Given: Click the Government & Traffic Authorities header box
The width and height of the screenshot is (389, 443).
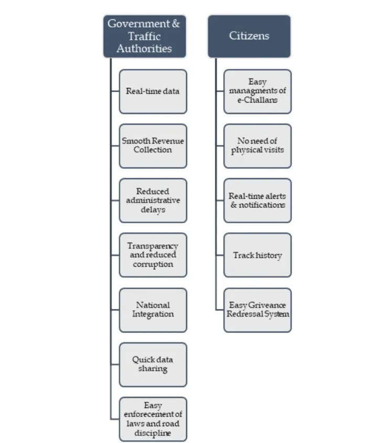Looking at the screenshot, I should point(144,36).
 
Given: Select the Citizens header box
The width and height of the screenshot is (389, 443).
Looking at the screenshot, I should point(249,36).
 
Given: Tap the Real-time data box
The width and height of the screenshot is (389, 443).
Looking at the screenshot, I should point(153,91).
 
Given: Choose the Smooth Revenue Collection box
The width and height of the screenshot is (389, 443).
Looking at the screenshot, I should point(153,146).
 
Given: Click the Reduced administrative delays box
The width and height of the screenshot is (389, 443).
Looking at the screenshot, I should point(153,201).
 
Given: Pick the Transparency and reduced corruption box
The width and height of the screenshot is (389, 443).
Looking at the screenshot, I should point(153,255).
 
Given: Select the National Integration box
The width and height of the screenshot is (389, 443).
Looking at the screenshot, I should point(153,309).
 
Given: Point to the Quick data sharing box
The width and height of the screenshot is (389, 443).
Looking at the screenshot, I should point(153,364).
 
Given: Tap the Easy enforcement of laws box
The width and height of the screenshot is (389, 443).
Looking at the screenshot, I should point(153,419).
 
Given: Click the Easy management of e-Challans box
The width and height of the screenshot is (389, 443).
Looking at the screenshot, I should point(257,91).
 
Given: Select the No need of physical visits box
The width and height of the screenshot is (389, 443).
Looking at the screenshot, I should point(257,146).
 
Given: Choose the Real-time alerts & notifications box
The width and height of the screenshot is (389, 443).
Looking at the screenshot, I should point(257,201).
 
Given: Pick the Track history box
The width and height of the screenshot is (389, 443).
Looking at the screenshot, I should point(257,255).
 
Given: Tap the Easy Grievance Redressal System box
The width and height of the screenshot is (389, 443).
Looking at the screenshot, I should point(257,309).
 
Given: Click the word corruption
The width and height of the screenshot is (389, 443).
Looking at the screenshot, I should point(153,264).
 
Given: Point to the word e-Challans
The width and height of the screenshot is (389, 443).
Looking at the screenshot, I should point(257,100).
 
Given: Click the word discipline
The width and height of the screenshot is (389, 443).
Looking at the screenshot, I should point(153,433).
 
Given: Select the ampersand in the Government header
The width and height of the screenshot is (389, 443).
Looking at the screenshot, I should point(176,24).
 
